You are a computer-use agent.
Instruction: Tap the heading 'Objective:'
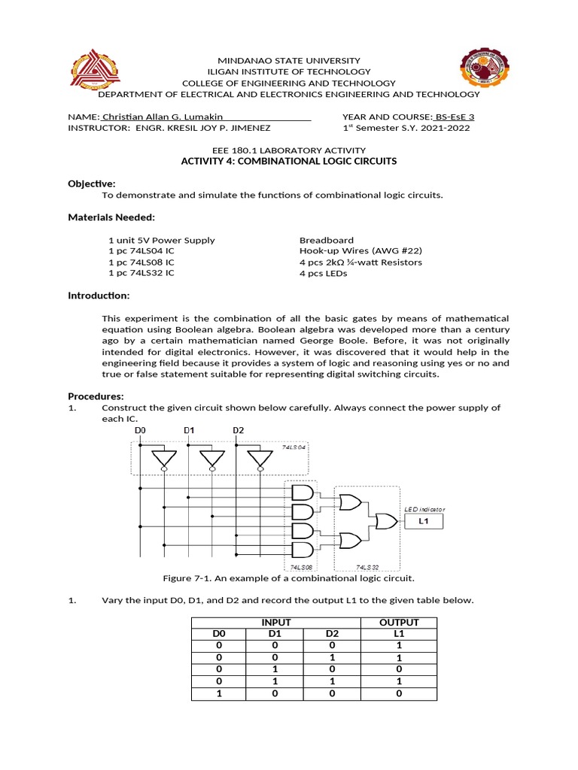point(92,183)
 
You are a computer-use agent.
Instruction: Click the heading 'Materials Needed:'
point(111,217)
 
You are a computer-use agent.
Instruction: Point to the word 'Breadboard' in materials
point(327,240)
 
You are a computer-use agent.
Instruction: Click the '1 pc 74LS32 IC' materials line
point(141,273)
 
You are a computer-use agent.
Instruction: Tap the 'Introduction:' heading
point(99,296)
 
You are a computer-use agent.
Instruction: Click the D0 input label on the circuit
point(139,431)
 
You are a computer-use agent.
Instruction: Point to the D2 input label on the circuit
point(238,431)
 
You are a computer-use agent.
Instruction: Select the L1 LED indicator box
point(425,521)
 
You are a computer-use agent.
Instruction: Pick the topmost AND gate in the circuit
point(302,493)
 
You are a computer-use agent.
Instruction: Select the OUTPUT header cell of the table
point(399,623)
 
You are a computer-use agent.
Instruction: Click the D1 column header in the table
point(275,634)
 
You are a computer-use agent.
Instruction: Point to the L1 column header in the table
point(399,634)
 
